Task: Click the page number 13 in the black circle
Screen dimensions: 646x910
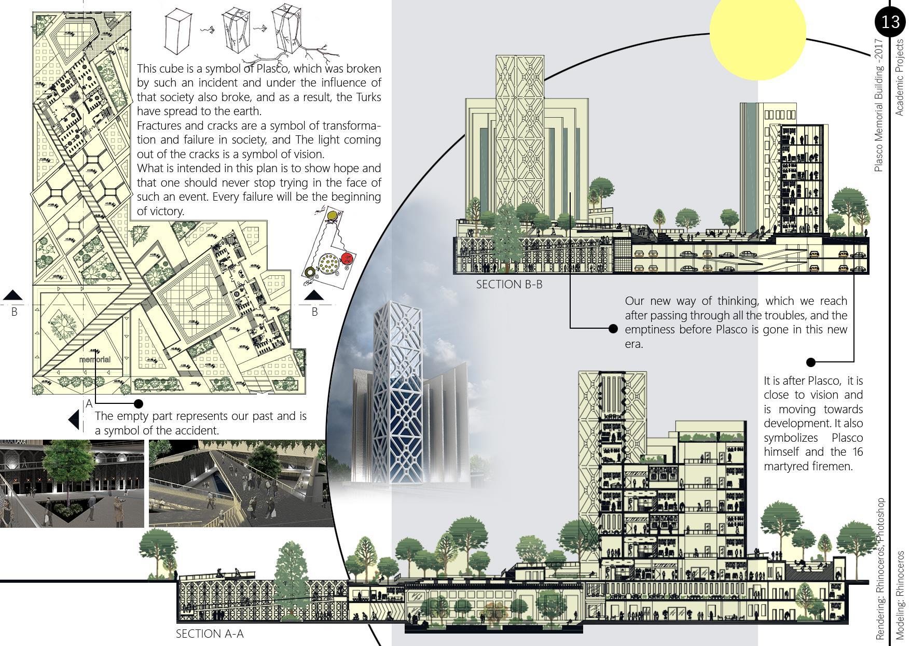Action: tap(890, 22)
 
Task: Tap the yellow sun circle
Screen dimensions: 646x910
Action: tap(757, 32)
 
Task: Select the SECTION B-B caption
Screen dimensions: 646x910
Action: tap(509, 284)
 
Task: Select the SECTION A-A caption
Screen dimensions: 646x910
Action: tap(210, 634)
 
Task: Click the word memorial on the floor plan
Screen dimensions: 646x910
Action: tap(94, 359)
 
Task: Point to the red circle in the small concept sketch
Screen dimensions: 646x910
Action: tap(347, 258)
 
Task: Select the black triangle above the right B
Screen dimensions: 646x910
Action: tap(314, 296)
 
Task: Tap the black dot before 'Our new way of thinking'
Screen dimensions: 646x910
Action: tap(613, 329)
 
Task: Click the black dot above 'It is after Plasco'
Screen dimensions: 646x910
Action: tap(811, 362)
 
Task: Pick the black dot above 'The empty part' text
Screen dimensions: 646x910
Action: tap(139, 403)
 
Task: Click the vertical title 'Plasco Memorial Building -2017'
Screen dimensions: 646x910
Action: tap(878, 104)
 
